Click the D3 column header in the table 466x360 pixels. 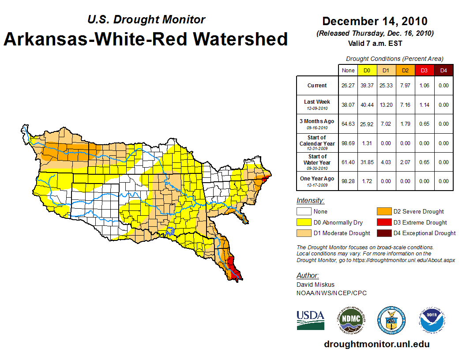[424, 70]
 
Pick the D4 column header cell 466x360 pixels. [443, 70]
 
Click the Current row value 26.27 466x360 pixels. [348, 86]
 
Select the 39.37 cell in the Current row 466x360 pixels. [367, 86]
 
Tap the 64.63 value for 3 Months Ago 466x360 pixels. [348, 124]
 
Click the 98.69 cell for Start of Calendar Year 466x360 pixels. [348, 143]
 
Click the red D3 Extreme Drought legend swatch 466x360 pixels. [383, 222]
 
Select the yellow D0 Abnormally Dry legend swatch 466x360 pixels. [304, 222]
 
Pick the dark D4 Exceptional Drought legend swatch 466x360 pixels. [383, 233]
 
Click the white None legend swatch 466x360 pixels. [304, 212]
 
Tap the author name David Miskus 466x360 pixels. [315, 285]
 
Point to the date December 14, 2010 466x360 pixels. [375, 21]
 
